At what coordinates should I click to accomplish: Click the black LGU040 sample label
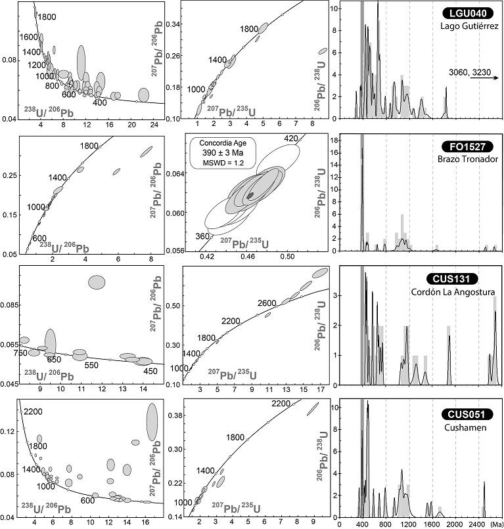coord(465,13)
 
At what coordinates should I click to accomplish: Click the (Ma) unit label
coord(494,524)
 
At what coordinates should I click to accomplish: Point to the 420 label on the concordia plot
coord(292,138)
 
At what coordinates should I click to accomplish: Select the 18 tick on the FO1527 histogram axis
coord(352,140)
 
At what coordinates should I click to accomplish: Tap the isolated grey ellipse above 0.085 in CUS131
coord(97,282)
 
